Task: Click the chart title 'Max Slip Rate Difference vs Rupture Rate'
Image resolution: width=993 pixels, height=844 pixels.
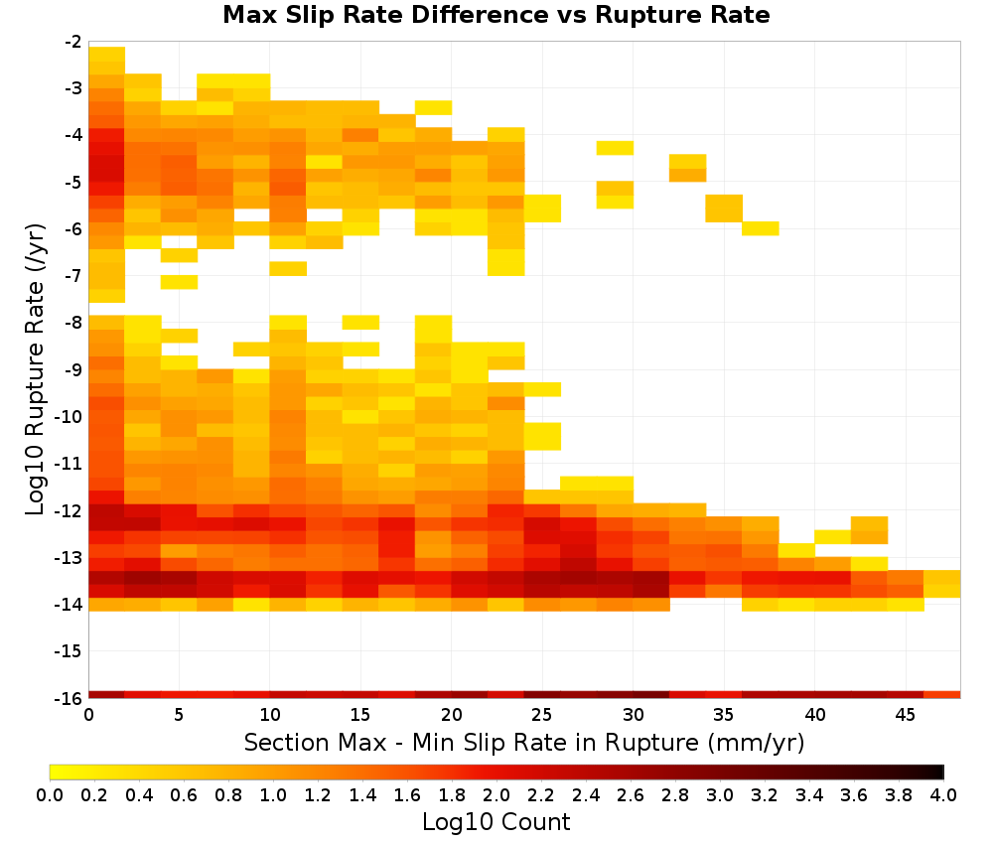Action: [x=496, y=15]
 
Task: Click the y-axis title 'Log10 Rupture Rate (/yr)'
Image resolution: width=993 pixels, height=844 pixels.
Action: [x=36, y=369]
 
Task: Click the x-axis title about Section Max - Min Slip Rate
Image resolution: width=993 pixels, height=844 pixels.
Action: [x=523, y=742]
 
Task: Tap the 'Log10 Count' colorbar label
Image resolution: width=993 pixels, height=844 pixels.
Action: [x=496, y=822]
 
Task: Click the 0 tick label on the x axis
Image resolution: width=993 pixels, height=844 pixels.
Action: [x=88, y=715]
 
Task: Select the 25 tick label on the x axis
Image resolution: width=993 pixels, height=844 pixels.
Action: [x=541, y=715]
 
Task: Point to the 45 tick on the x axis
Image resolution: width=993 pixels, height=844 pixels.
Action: [x=905, y=715]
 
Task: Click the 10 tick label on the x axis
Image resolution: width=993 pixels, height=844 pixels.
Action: [x=270, y=715]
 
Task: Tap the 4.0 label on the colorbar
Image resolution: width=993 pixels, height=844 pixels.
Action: [x=943, y=794]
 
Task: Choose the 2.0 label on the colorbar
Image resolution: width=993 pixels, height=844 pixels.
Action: [x=496, y=794]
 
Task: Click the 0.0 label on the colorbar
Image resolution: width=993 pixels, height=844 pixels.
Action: [x=50, y=794]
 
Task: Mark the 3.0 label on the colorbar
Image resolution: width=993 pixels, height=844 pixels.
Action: [x=720, y=794]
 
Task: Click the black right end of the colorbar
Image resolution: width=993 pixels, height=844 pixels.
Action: [x=938, y=772]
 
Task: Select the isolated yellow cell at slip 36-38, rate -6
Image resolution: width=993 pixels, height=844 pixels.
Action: [x=760, y=228]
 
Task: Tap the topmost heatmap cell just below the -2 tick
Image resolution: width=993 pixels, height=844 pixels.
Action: [x=107, y=54]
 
